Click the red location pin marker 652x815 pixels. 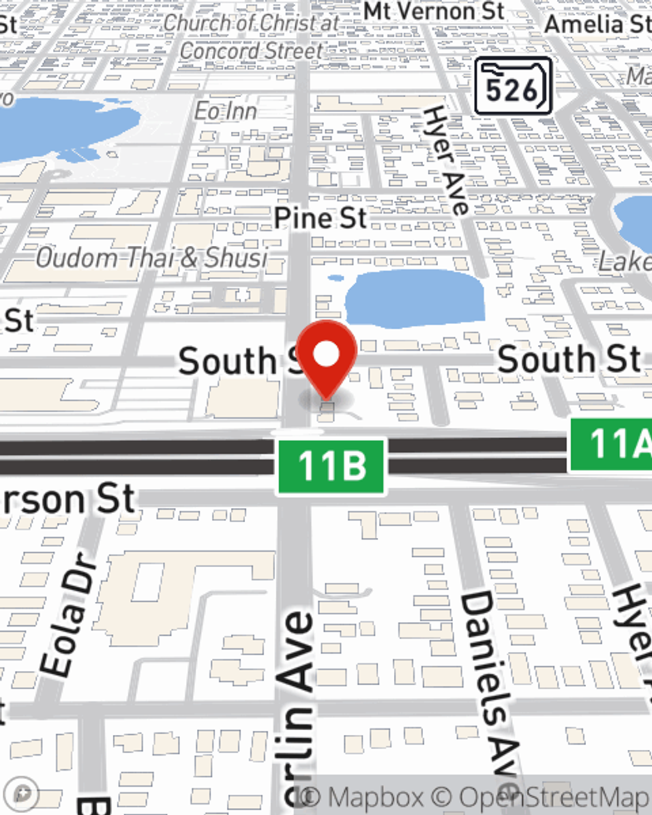point(327,355)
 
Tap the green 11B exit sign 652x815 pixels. point(331,466)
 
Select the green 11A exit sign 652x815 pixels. point(612,444)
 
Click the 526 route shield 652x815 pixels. point(513,87)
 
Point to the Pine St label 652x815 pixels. point(320,218)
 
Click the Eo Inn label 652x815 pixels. point(226,111)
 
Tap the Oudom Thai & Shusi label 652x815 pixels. point(151,258)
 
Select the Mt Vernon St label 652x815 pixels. point(434,11)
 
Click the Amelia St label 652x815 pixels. point(597,24)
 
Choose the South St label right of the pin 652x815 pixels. point(569,359)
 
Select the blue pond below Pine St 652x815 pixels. point(415,297)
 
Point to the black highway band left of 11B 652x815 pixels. point(130,456)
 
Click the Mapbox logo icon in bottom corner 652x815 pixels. point(23,794)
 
